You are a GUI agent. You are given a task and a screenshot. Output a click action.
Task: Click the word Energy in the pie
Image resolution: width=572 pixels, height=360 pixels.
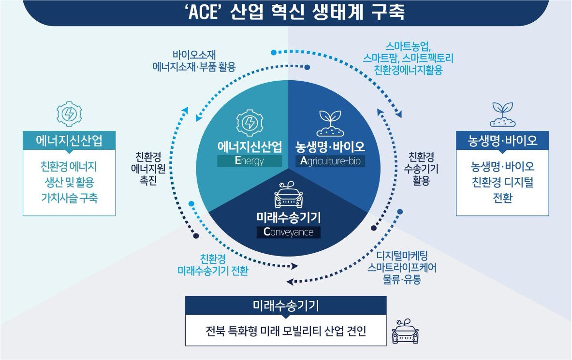click(x=249, y=161)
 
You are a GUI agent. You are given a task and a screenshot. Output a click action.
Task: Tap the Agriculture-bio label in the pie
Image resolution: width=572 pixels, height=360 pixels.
click(x=330, y=161)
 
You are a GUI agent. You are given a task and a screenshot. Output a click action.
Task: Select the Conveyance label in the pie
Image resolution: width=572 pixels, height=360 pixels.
click(x=288, y=232)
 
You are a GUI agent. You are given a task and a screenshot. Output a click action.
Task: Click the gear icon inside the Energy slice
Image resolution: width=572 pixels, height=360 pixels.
click(x=250, y=123)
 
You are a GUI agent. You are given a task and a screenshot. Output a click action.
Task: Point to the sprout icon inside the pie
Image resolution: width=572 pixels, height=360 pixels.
click(x=330, y=123)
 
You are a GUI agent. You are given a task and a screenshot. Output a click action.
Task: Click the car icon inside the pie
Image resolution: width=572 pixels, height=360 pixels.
click(x=288, y=194)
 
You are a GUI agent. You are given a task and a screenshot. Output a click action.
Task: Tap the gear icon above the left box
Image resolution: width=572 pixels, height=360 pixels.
click(x=69, y=114)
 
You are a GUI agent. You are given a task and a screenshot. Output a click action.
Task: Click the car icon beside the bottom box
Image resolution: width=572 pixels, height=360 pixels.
click(x=405, y=331)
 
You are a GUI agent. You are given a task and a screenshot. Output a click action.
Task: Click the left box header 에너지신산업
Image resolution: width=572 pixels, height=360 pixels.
click(x=69, y=141)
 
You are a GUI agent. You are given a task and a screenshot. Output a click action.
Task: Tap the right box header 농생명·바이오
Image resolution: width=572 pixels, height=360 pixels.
click(x=503, y=141)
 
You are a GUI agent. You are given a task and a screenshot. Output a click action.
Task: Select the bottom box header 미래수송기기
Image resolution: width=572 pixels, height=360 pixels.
click(x=286, y=305)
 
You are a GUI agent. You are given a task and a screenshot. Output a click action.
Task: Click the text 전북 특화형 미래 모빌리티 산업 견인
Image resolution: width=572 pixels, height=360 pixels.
click(x=286, y=331)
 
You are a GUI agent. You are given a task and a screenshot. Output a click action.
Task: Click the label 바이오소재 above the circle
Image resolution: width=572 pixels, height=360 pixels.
click(x=194, y=55)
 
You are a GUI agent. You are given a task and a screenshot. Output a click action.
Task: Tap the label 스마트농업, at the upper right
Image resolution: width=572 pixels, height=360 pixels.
click(x=408, y=46)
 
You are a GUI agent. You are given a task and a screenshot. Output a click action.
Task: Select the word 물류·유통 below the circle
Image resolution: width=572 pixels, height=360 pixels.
click(x=402, y=279)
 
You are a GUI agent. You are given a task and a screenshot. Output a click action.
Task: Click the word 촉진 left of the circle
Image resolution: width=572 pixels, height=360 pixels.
click(x=148, y=180)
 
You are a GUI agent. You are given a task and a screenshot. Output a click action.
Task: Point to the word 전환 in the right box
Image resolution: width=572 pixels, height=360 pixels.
click(x=503, y=198)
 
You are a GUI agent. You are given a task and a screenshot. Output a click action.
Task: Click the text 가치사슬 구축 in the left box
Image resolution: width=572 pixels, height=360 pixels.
click(x=69, y=198)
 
